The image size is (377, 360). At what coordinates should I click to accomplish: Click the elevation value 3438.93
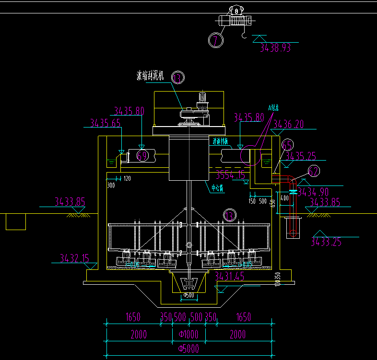tap(275, 47)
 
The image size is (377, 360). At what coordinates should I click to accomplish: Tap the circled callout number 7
tap(216, 40)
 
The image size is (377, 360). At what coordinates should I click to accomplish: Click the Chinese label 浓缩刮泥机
tap(151, 75)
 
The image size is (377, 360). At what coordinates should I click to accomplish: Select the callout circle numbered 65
tap(287, 145)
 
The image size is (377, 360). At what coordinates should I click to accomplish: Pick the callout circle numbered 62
tap(313, 171)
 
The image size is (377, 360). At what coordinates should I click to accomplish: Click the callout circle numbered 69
tap(142, 155)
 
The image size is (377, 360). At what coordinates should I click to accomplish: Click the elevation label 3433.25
tap(326, 242)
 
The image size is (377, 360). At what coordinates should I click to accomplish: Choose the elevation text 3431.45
tap(229, 276)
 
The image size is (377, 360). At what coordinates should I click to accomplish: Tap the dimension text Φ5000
tap(188, 348)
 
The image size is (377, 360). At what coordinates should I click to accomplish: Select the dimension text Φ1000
tap(188, 334)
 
